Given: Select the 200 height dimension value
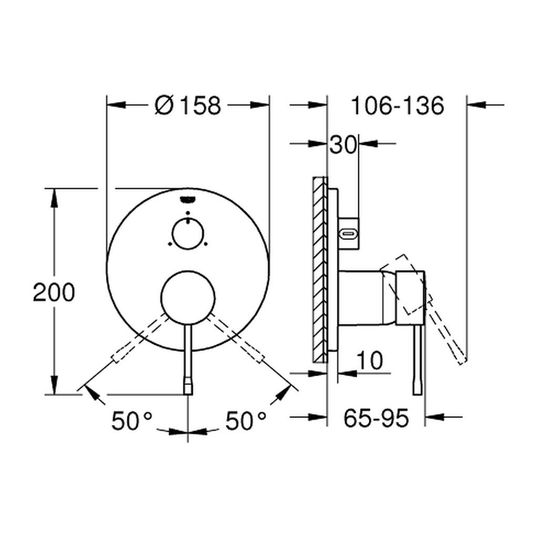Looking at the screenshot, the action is click(54, 292).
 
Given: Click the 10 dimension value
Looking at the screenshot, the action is click(369, 360).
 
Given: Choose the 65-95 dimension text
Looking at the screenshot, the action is click(376, 418).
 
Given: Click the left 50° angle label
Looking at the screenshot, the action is click(132, 421).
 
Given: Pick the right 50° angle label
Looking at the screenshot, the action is click(246, 421).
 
